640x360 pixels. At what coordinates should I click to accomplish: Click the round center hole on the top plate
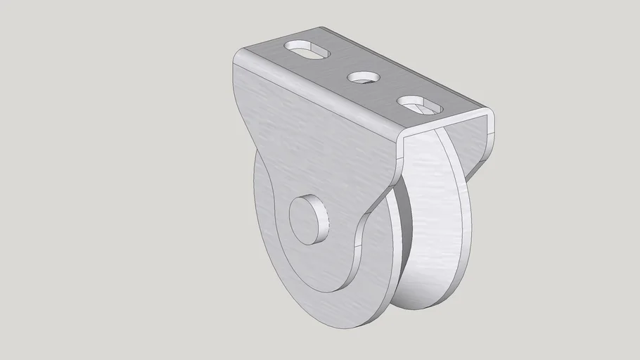[364, 77]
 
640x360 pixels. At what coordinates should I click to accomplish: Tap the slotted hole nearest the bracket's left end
[308, 51]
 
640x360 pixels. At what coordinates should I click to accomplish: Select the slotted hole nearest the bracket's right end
[420, 105]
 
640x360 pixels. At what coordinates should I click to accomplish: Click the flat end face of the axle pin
[307, 219]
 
